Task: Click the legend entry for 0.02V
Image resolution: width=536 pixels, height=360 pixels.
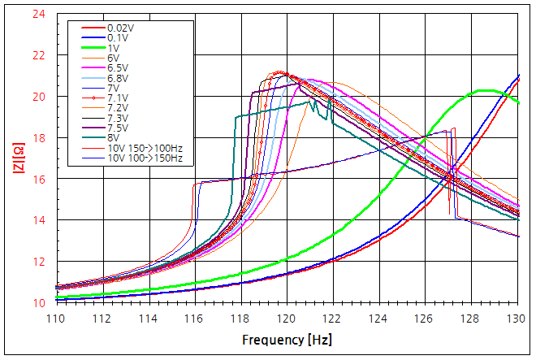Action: click(x=120, y=28)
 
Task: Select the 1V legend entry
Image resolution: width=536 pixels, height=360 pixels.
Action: click(x=113, y=48)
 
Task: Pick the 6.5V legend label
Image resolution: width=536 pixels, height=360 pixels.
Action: click(x=117, y=67)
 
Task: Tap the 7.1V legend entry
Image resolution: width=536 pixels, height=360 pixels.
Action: click(x=117, y=98)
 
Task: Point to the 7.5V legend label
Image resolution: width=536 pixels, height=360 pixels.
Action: click(x=117, y=128)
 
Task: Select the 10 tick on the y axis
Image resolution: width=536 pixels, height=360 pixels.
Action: click(x=39, y=303)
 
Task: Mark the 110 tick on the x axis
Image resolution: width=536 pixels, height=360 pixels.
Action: click(x=56, y=318)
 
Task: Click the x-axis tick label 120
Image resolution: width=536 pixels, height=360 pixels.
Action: click(x=286, y=318)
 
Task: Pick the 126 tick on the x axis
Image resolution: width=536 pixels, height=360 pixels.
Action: click(x=424, y=318)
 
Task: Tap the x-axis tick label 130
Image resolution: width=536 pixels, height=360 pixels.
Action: click(x=516, y=318)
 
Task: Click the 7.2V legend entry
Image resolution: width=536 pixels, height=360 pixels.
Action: click(x=117, y=107)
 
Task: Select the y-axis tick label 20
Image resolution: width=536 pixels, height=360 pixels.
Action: click(x=39, y=97)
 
